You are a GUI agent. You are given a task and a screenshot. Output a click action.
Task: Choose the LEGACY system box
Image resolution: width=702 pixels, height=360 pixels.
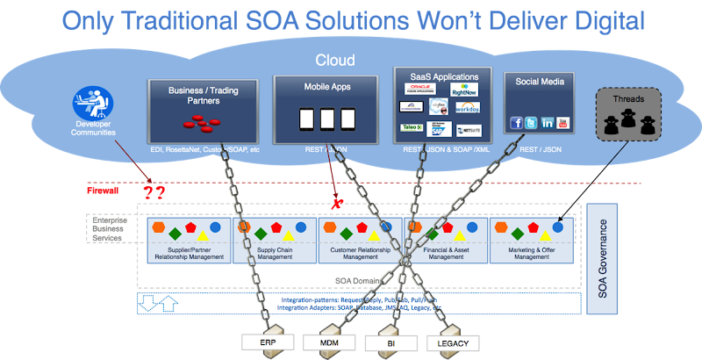pos(453,342)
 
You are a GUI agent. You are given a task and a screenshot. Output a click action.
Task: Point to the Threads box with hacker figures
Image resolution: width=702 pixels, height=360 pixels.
pos(630,115)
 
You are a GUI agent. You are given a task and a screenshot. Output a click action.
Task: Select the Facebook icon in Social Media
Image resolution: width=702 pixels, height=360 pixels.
pos(516,122)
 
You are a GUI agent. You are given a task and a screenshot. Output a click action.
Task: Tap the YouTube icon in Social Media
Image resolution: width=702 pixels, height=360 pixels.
pos(562,122)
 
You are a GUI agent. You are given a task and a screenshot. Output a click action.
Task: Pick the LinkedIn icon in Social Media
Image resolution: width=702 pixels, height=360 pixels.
pos(548,122)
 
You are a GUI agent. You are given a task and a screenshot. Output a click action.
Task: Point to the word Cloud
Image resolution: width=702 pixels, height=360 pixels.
pos(336,61)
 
